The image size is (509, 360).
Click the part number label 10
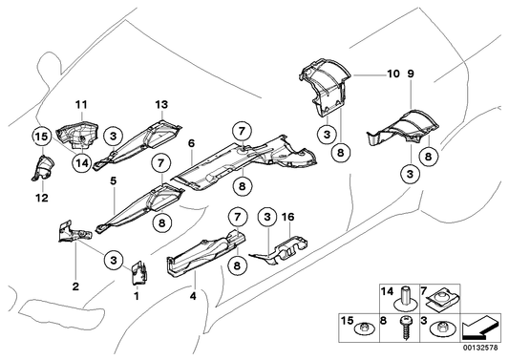393,74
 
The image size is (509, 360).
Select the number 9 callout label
411,74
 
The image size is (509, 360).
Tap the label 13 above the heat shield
161,104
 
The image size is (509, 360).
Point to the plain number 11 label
81,104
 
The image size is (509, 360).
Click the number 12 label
42,198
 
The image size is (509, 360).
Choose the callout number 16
288,217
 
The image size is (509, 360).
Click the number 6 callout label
192,143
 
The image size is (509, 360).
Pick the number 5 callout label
113,180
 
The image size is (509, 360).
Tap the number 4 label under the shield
193,296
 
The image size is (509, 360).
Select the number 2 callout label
75,286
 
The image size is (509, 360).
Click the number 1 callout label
137,296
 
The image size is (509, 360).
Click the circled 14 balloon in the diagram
82,163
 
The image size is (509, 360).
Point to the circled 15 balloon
42,137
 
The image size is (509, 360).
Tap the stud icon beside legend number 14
404,298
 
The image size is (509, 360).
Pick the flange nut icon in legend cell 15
365,328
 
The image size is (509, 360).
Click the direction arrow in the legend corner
481,327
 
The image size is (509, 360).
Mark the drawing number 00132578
480,348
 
